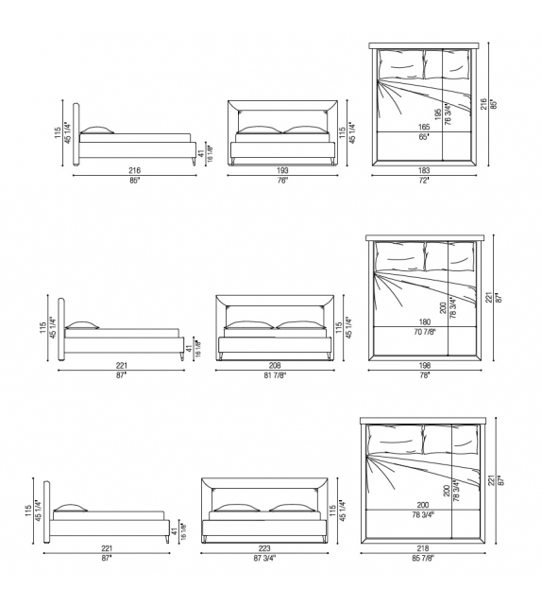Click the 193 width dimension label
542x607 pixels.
click(x=282, y=170)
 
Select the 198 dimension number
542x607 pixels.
click(x=425, y=365)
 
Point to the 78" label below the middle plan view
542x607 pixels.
click(x=425, y=376)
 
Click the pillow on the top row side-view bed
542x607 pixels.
click(x=98, y=130)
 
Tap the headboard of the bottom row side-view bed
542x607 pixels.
click(x=51, y=511)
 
